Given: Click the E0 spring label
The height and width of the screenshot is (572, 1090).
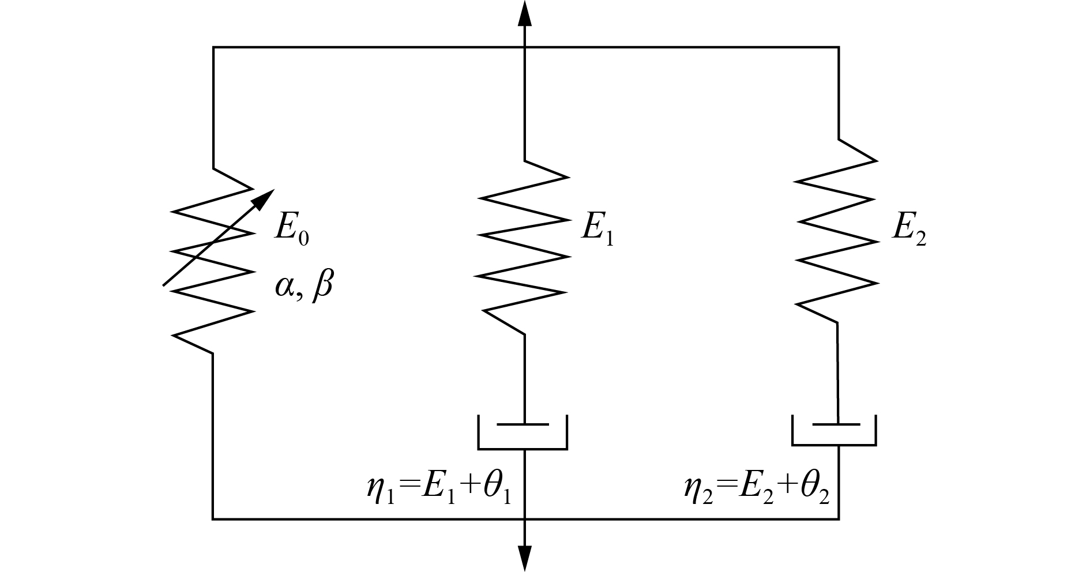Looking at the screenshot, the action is [x=291, y=228].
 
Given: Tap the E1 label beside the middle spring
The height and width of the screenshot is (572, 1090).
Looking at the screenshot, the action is [x=597, y=228].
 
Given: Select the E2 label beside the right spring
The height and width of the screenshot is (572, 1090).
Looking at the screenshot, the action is [x=908, y=228].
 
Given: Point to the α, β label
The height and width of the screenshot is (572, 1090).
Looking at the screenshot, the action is [x=304, y=285].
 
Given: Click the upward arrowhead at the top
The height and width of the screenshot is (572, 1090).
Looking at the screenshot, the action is [x=524, y=13].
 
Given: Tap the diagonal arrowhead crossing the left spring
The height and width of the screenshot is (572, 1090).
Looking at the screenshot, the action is [x=264, y=198].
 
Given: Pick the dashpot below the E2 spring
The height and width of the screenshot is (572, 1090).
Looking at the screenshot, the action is [x=835, y=430].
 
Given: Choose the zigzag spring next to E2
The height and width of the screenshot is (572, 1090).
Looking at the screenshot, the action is [x=836, y=231].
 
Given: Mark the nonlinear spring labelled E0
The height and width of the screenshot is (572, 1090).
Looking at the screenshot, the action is [x=213, y=261].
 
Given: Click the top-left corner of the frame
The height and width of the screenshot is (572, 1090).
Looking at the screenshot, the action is [x=213, y=47].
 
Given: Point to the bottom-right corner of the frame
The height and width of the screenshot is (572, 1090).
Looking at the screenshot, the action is [x=838, y=519].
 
